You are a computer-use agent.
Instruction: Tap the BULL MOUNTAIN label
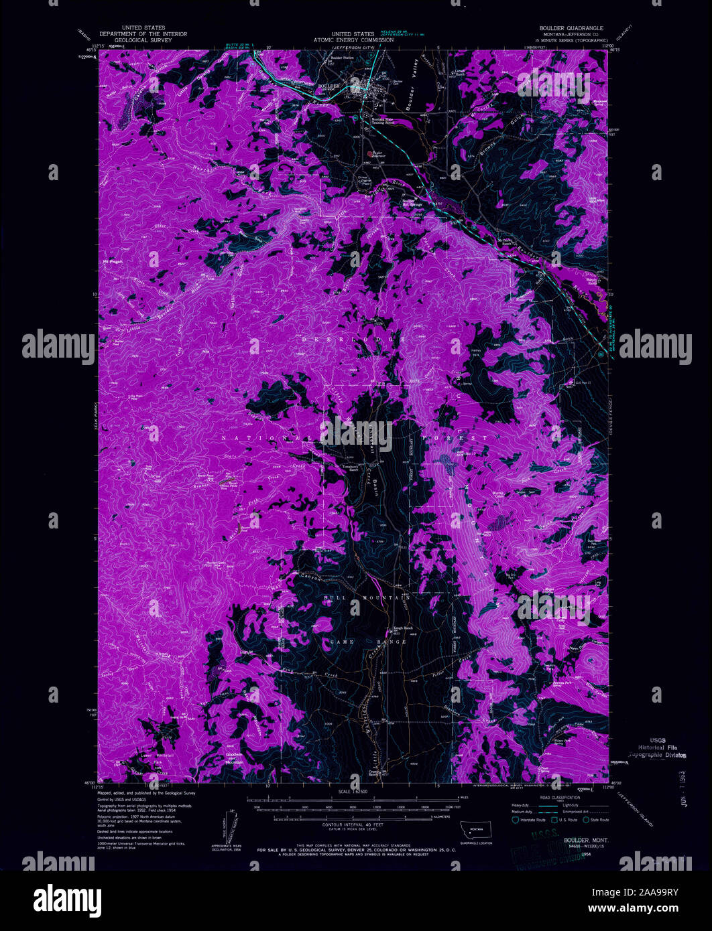375,596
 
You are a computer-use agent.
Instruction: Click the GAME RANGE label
381,642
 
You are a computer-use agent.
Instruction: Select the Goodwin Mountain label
235,760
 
